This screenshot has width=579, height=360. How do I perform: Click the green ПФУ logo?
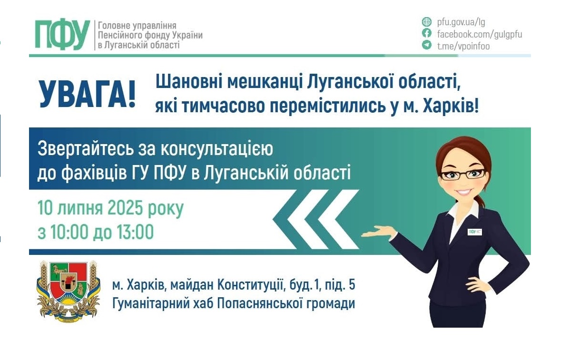click(62, 35)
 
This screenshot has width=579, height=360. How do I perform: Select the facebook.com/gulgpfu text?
click(479, 34)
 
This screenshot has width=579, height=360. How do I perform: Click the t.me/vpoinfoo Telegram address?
click(463, 46)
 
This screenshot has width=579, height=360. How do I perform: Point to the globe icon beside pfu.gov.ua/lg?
click(427, 22)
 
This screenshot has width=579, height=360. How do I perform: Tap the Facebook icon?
click(427, 33)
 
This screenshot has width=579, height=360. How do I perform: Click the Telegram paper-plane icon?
click(427, 45)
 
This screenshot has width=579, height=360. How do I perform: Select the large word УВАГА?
click(87, 94)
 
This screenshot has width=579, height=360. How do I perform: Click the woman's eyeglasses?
click(462, 174)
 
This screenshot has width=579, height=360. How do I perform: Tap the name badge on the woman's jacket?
click(474, 232)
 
